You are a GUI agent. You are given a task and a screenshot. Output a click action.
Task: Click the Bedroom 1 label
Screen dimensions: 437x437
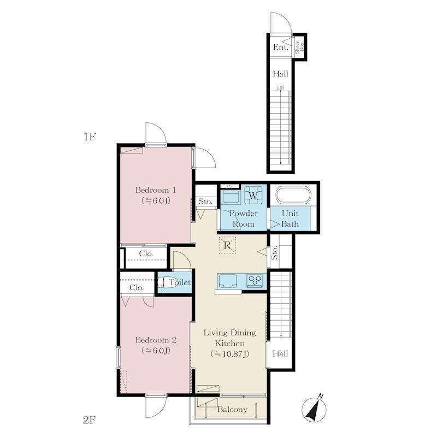pos(156,195)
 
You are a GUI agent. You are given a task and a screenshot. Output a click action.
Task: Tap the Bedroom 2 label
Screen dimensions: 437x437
pos(156,345)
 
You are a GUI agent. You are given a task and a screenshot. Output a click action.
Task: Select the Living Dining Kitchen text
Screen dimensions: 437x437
pos(229,343)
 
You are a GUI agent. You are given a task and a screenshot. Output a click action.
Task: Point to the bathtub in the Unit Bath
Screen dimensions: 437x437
pos(293,195)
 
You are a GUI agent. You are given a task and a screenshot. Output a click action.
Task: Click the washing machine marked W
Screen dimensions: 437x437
pos(253,195)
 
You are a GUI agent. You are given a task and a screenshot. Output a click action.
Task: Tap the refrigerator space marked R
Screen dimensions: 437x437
pos(227,245)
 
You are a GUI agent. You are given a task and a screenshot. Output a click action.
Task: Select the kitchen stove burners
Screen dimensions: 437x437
pos(255,280)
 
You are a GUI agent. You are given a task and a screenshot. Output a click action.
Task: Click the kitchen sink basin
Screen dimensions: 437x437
pos(228,281)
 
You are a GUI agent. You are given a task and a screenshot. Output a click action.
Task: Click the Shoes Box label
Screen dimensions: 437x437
pos(299,47)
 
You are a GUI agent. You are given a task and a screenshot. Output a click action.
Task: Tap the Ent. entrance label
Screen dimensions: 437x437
pos(280,47)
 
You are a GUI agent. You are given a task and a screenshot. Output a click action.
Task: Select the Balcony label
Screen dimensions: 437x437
pos(232,409)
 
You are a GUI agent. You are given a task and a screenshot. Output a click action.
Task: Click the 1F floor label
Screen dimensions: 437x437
pos(90,137)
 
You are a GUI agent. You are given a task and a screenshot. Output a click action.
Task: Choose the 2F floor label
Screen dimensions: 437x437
pos(90,420)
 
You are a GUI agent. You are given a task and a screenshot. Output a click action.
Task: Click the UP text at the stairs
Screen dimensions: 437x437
pos(281,88)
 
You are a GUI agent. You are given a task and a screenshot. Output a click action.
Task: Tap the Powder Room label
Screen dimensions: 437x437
pos(243,218)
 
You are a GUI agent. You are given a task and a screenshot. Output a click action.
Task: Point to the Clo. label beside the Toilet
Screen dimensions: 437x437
pos(137,287)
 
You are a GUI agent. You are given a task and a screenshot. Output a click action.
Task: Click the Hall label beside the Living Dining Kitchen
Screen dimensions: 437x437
pos(280,353)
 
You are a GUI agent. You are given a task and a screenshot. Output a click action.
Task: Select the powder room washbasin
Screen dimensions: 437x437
pos(231,197)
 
